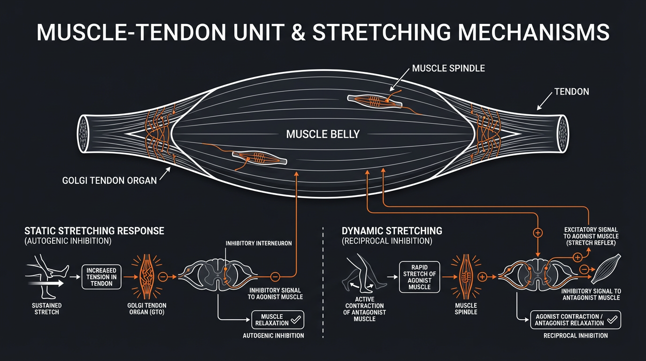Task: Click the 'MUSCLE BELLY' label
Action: (323, 134)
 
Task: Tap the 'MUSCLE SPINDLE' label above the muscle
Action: (448, 69)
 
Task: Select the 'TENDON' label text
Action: (571, 92)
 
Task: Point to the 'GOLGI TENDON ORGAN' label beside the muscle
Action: (109, 180)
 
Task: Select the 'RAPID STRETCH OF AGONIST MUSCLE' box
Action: (419, 277)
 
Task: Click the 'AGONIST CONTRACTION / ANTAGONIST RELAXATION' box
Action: (575, 320)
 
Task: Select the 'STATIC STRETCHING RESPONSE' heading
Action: (94, 231)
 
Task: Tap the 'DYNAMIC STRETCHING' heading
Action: (392, 231)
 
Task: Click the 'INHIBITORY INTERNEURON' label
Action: (259, 243)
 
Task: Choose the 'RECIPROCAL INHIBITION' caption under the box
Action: (575, 336)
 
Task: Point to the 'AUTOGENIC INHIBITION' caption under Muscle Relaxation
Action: (273, 336)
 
